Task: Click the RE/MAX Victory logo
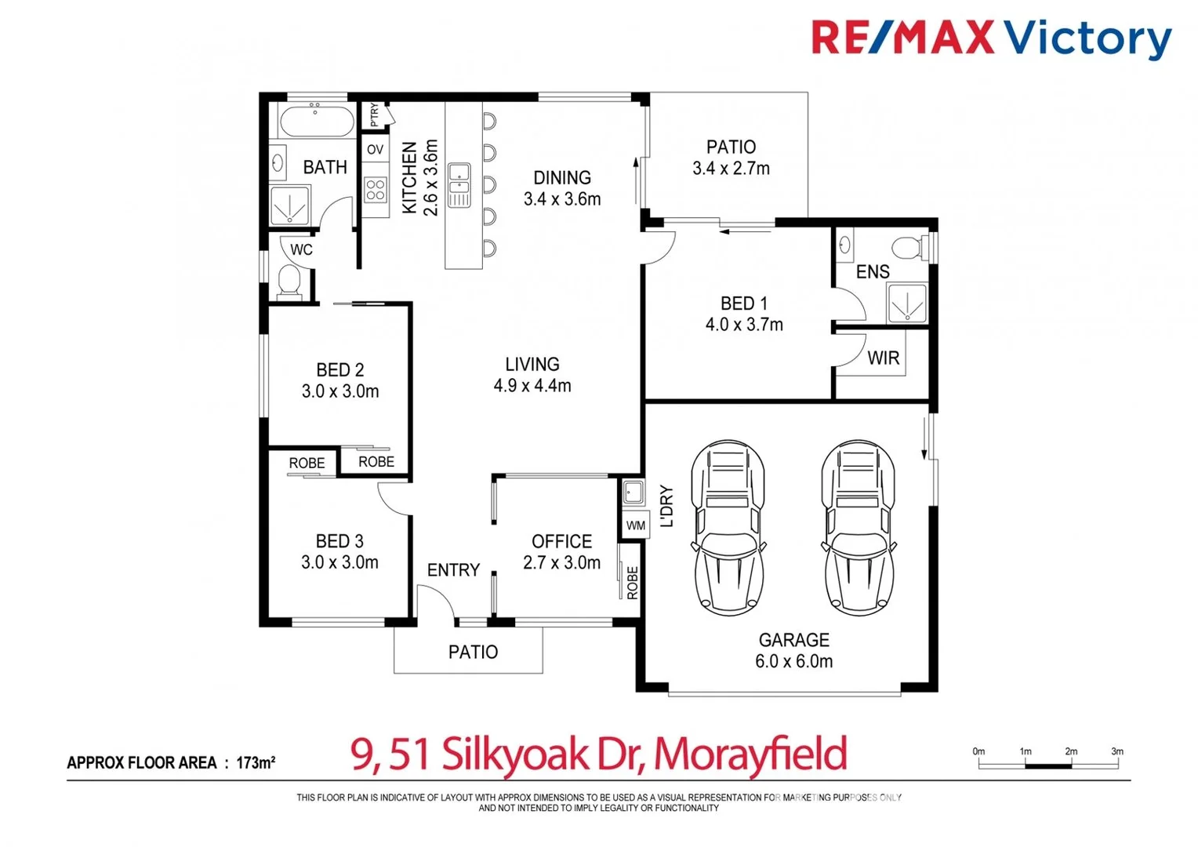(x=990, y=38)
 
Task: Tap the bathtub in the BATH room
(x=317, y=122)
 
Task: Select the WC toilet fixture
(x=289, y=282)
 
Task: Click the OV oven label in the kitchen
(x=376, y=149)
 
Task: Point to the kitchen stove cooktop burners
(x=376, y=189)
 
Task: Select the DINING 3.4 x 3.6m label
(x=562, y=188)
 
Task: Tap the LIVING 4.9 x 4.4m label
(x=532, y=375)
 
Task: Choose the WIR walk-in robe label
(x=883, y=358)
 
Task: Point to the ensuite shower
(x=906, y=303)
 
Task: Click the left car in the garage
(x=728, y=527)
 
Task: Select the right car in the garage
(x=858, y=527)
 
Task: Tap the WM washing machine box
(x=636, y=525)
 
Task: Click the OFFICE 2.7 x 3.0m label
(x=561, y=552)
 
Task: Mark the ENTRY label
(x=453, y=570)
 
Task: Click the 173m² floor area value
(x=256, y=762)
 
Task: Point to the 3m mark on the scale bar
(x=1116, y=752)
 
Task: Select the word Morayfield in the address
(x=750, y=754)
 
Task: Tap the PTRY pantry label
(x=375, y=115)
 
